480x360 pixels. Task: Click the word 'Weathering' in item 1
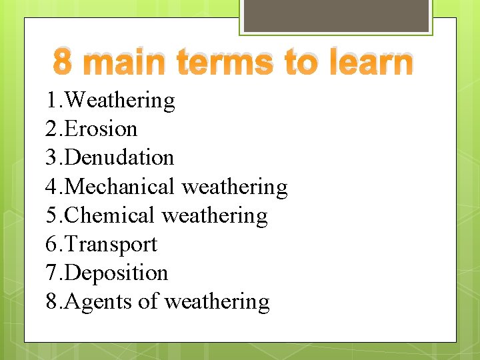pyautogui.click(x=121, y=100)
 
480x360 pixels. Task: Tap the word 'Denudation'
pyautogui.click(x=120, y=157)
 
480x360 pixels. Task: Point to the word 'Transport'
pyautogui.click(x=112, y=245)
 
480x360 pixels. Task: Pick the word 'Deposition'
pyautogui.click(x=117, y=273)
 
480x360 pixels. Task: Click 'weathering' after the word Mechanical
pyautogui.click(x=234, y=187)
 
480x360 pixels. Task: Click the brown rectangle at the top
pyautogui.click(x=335, y=15)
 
